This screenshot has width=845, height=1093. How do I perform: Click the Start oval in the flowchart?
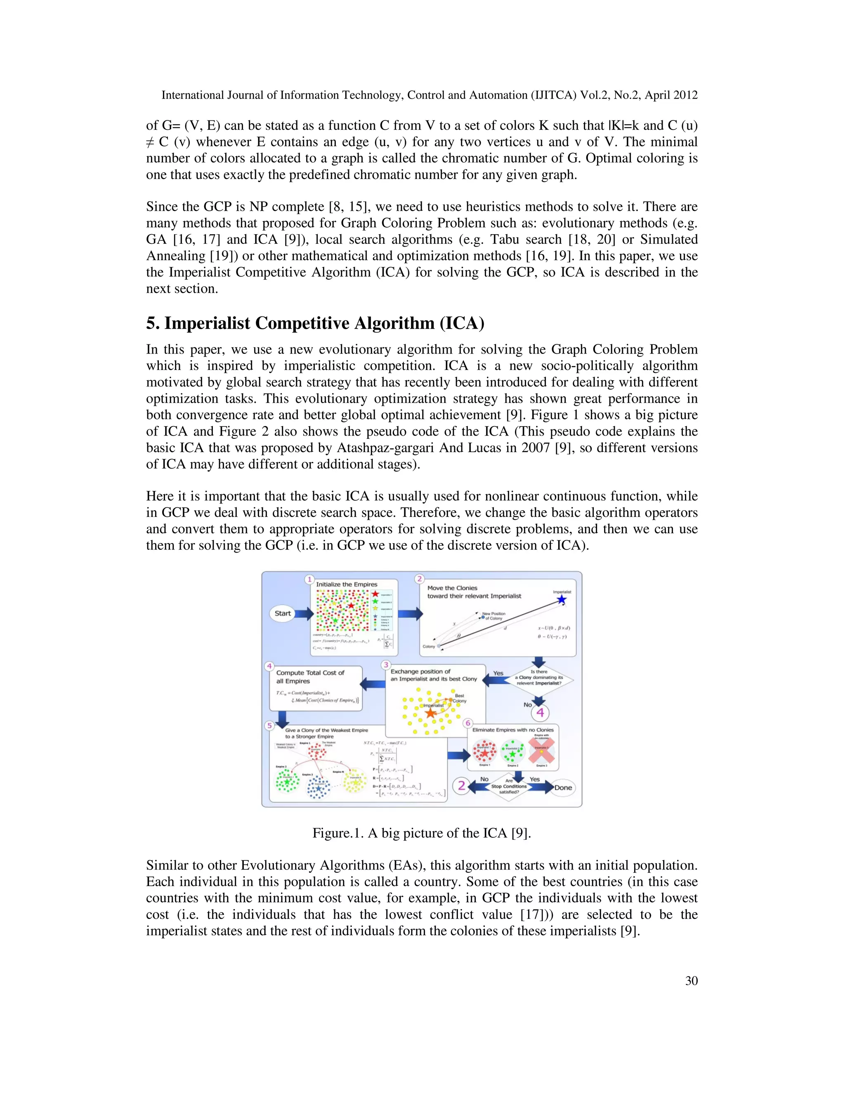282,614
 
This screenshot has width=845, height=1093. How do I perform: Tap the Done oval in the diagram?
563,787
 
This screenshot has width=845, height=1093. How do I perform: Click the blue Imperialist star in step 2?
562,600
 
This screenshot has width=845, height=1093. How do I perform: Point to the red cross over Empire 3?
542,751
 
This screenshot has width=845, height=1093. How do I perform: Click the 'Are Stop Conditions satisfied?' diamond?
509,786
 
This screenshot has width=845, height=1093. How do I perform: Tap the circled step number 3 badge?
385,664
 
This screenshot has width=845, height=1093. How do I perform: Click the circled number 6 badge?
468,723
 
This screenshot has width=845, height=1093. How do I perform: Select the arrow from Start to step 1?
304,614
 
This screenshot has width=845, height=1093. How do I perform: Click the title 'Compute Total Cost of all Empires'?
310,676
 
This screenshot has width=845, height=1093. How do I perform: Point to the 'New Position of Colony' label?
493,615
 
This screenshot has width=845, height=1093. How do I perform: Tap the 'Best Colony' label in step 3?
459,698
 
